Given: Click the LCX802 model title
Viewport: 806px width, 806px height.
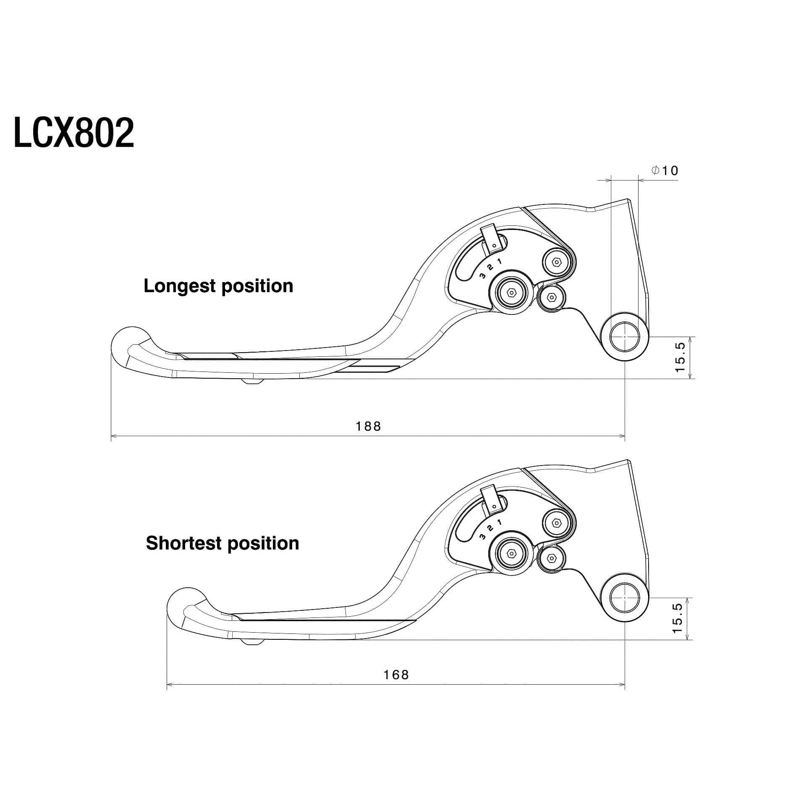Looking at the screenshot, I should tap(74, 133).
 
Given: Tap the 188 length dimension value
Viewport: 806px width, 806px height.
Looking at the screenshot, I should tap(368, 427).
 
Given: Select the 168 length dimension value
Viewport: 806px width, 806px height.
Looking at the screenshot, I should tap(396, 686).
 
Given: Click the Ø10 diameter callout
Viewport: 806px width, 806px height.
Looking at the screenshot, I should tap(665, 170).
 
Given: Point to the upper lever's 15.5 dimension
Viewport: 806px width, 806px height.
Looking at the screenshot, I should tap(680, 357).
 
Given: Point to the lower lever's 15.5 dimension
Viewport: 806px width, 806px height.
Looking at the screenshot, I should tap(677, 618).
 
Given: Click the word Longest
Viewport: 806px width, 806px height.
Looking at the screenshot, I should tap(180, 286).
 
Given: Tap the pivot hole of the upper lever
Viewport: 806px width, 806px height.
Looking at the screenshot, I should tap(625, 337).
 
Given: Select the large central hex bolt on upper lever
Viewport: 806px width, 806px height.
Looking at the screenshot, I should tap(512, 292).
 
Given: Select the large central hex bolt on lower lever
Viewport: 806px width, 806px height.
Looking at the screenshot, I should tap(512, 552).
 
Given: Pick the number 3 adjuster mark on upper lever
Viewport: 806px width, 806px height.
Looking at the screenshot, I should tap(482, 276).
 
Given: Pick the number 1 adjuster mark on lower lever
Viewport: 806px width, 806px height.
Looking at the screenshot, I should tap(499, 522).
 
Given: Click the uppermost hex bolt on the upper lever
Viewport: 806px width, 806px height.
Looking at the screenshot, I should tap(557, 262).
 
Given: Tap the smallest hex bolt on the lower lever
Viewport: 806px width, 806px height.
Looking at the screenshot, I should tap(552, 558).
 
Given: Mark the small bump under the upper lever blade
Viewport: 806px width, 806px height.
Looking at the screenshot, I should tap(252, 381).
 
